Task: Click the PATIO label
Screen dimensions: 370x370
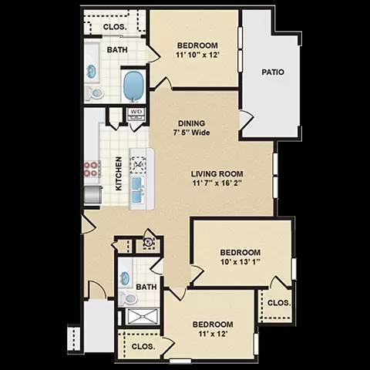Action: tap(272, 72)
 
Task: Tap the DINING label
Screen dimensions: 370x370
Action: tap(190, 122)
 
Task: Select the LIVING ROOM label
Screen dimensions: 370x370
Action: tap(217, 174)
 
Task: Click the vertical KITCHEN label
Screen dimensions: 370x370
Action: tap(119, 173)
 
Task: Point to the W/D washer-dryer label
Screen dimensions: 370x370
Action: tap(136, 112)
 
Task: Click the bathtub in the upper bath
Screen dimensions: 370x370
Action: tap(134, 86)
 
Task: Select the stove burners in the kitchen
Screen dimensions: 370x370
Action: tap(92, 169)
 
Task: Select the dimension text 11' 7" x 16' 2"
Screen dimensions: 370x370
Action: tap(217, 185)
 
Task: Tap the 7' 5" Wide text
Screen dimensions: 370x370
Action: tap(190, 132)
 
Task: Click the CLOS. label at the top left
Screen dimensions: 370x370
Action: tap(115, 26)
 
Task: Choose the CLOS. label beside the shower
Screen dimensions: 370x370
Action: tap(143, 347)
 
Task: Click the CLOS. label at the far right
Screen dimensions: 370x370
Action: tap(277, 302)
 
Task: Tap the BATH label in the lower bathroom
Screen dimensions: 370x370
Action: tap(146, 288)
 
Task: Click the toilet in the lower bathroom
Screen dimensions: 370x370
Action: tap(129, 298)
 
